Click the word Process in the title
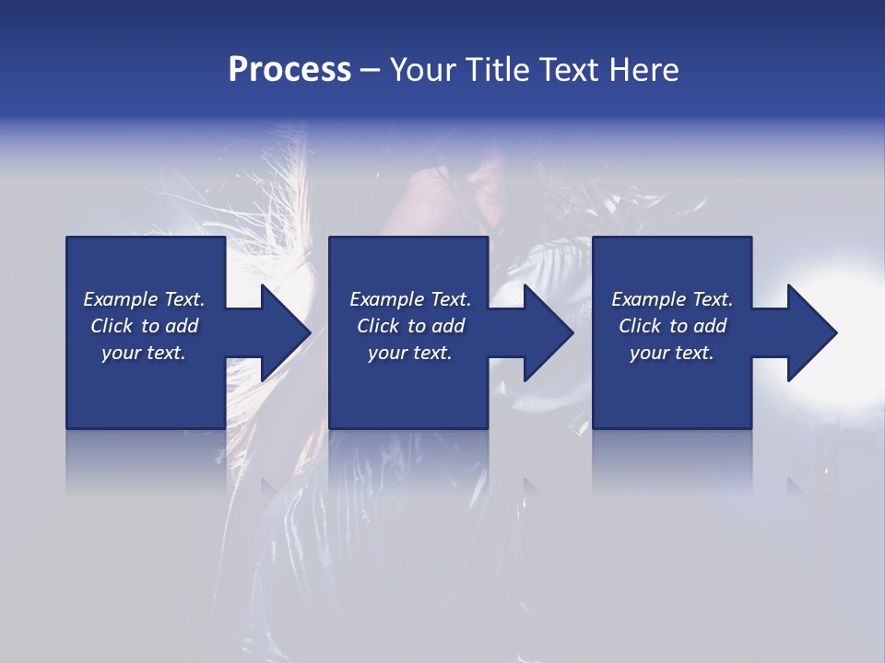point(289,70)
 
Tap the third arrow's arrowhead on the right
point(810,332)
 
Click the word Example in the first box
point(121,299)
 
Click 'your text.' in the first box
point(144,353)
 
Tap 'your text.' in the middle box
point(409,353)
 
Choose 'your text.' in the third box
point(671,353)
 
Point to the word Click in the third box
point(641,326)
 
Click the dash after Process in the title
point(370,70)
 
